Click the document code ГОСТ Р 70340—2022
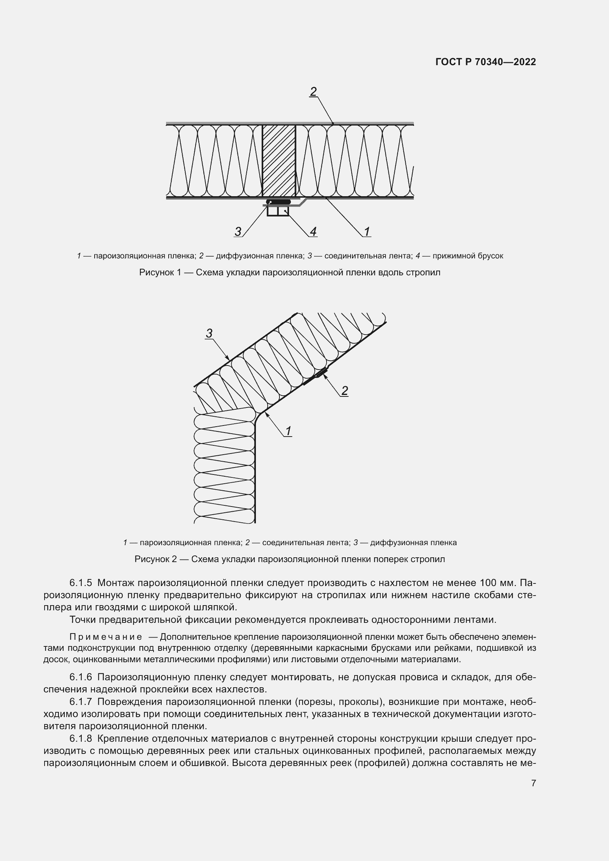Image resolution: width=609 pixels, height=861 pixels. [486, 62]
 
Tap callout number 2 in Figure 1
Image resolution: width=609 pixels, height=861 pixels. [313, 91]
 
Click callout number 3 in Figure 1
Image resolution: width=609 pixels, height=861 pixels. [238, 232]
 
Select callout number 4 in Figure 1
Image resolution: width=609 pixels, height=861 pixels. [313, 232]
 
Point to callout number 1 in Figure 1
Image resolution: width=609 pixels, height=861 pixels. [367, 232]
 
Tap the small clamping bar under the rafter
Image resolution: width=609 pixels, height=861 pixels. [278, 211]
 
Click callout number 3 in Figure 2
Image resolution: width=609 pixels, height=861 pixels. [209, 333]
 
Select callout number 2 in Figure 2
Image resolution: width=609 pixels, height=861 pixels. [344, 391]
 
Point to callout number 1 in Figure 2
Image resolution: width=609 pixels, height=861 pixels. [288, 431]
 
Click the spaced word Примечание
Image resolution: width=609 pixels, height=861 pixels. [106, 637]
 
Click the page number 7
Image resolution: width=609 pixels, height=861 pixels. [534, 783]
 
